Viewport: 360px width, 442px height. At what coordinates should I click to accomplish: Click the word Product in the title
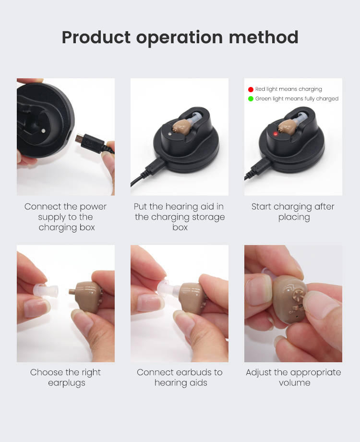tap(96, 37)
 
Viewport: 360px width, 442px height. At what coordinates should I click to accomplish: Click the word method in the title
tap(264, 37)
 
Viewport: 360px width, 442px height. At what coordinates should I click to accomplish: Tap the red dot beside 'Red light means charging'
tap(251, 89)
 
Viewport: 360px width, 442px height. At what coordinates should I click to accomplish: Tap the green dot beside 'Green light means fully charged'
tap(251, 98)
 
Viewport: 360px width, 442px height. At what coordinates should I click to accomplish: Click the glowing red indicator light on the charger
tap(276, 134)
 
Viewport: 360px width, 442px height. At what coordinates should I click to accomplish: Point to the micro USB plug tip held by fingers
tap(79, 138)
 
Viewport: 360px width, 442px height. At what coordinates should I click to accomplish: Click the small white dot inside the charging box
tap(43, 131)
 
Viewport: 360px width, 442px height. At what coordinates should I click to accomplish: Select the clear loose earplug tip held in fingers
tap(45, 291)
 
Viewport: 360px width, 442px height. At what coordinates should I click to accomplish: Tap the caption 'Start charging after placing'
tap(293, 212)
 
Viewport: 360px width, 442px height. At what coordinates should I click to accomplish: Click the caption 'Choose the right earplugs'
tap(65, 378)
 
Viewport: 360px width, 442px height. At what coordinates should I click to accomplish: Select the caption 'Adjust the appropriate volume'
tap(294, 378)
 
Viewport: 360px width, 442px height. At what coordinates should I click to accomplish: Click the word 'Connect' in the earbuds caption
tap(154, 372)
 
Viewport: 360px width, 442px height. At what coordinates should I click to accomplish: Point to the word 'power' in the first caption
tap(93, 207)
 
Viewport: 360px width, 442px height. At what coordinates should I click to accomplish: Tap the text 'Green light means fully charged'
tap(297, 98)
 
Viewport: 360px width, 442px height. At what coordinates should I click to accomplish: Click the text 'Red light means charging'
tap(288, 89)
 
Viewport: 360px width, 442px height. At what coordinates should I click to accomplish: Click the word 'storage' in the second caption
tap(208, 217)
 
